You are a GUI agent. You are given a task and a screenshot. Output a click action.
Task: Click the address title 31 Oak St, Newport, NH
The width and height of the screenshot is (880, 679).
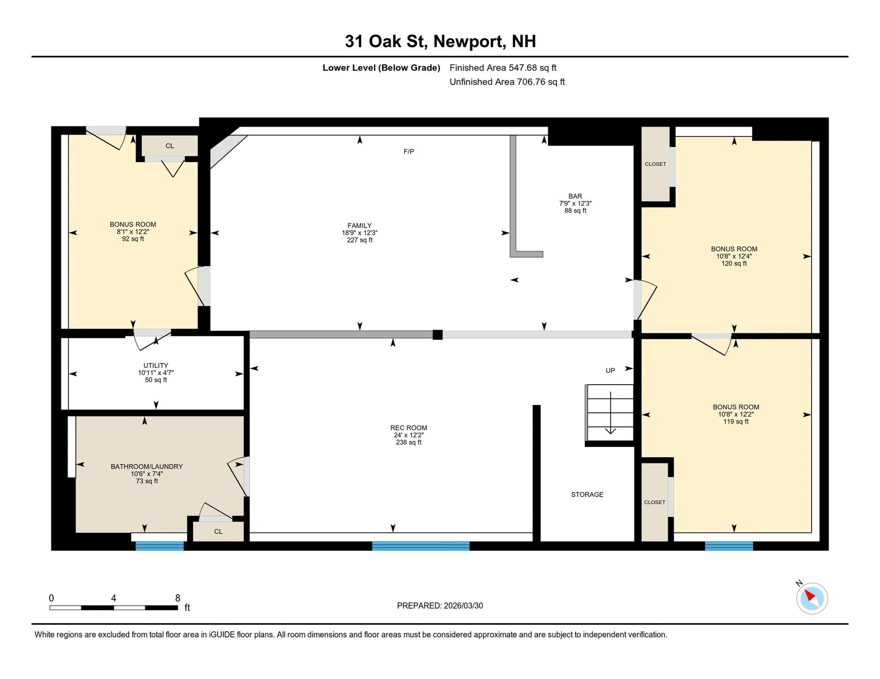[440, 41]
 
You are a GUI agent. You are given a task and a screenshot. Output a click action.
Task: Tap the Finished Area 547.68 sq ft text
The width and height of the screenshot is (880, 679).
[503, 68]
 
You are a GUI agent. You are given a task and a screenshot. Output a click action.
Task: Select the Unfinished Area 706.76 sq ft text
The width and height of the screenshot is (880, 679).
[507, 82]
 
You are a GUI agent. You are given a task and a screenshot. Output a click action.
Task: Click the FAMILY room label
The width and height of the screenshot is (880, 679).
[359, 225]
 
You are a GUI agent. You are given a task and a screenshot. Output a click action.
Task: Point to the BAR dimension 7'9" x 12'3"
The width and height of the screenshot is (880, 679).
[575, 203]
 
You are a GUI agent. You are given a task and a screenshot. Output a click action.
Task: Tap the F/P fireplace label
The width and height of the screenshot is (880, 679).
[408, 152]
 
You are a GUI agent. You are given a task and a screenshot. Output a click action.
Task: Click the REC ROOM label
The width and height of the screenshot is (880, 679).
[408, 428]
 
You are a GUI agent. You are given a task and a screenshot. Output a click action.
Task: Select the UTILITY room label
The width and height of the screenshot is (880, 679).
[155, 365]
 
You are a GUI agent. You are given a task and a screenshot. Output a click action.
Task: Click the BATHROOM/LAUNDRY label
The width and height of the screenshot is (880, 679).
[147, 467]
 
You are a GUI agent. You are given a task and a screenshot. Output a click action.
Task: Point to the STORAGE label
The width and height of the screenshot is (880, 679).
[587, 494]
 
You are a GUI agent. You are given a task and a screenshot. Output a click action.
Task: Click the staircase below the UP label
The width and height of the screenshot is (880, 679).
[610, 412]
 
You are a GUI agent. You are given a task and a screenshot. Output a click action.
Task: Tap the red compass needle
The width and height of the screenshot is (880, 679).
[809, 595]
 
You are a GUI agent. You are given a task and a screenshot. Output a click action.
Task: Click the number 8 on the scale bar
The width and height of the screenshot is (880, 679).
[178, 598]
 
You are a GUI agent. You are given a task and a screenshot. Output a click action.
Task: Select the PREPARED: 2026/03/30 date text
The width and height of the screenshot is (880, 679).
[440, 606]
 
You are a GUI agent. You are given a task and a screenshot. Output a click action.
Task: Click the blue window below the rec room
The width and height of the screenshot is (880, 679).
[420, 546]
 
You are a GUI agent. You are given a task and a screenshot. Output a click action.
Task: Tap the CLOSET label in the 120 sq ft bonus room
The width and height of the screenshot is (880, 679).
[655, 164]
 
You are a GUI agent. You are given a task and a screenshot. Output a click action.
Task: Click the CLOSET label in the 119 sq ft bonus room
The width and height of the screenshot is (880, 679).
[654, 502]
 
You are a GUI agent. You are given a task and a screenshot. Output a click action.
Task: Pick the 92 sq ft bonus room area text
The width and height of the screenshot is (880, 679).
[133, 239]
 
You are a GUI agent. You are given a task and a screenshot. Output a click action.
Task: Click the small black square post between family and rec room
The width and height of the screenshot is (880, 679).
[438, 335]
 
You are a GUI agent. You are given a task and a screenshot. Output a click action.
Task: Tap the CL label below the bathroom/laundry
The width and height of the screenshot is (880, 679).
[218, 532]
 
